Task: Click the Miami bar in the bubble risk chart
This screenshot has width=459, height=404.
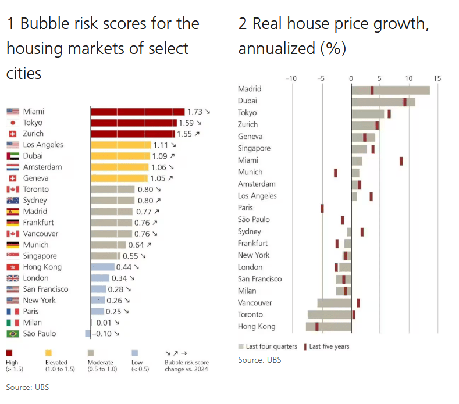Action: tap(137, 112)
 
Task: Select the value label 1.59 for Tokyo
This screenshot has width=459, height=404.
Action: tap(186, 123)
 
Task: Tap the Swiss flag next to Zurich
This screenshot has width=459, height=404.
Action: tap(13, 134)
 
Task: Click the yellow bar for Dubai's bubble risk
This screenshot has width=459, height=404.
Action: tap(120, 156)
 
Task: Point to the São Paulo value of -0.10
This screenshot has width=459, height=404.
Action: tap(103, 334)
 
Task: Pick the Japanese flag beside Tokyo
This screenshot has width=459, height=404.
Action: tap(13, 123)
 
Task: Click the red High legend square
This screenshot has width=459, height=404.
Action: tap(10, 352)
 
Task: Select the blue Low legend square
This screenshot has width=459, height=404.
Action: tap(135, 352)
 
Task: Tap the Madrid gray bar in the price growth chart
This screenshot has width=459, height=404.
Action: tap(390, 90)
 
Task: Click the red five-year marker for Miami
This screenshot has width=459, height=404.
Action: tap(401, 161)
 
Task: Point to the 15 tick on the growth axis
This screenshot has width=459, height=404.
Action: tap(437, 78)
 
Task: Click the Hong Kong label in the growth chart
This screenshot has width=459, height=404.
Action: tap(257, 327)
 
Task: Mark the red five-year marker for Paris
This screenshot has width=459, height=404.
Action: tap(322, 208)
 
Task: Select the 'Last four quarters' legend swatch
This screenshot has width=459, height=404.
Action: tap(241, 346)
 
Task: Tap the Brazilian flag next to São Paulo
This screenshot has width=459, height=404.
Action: tap(13, 334)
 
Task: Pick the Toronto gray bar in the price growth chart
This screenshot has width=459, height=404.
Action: tap(329, 314)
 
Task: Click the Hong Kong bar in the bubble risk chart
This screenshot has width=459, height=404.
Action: tap(103, 267)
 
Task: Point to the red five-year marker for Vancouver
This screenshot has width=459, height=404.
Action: tap(358, 303)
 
